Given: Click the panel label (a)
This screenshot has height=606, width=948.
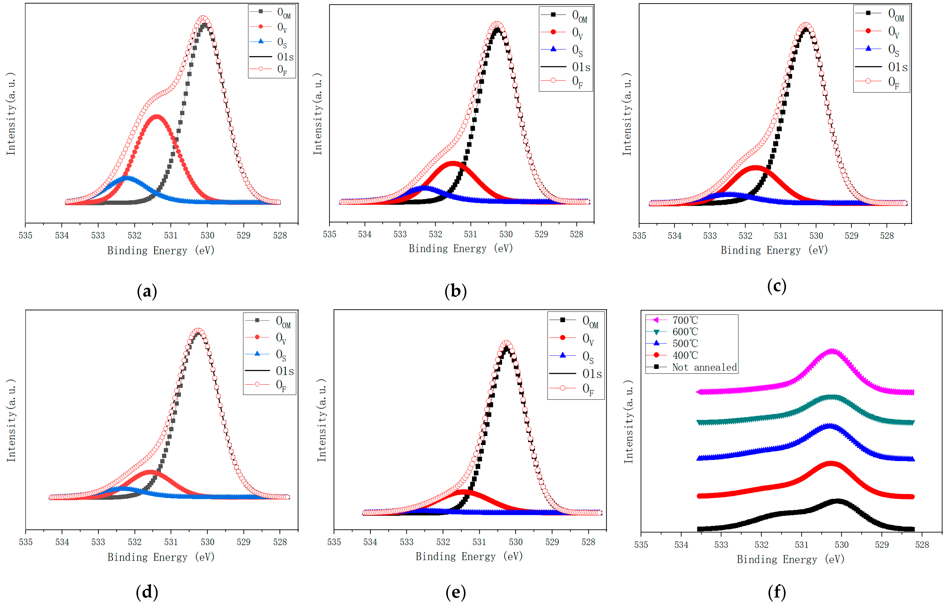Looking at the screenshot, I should pos(147,292).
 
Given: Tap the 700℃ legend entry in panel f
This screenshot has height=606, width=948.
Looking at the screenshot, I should pos(685,320).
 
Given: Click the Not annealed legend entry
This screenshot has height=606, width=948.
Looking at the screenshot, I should pos(704,367).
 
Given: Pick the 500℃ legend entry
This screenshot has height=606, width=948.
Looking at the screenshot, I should pos(685,344).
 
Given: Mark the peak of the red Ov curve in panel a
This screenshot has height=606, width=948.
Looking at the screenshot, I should pos(157,117).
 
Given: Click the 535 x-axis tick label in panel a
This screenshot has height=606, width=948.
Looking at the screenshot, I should pos(26,235).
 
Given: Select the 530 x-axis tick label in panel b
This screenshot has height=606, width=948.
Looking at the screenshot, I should pos(506,234).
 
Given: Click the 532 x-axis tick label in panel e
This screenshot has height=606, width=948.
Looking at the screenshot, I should pos(443,542).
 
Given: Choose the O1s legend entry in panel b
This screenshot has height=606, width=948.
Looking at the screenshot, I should pos(581,67).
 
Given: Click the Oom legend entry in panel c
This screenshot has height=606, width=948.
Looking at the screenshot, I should pos(896,15).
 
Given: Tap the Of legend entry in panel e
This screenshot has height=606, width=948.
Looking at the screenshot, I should pos(587,389).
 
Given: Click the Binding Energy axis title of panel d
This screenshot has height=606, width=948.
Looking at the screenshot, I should pos(161,557).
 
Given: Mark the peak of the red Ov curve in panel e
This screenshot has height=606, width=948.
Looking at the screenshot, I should pos(465,492).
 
